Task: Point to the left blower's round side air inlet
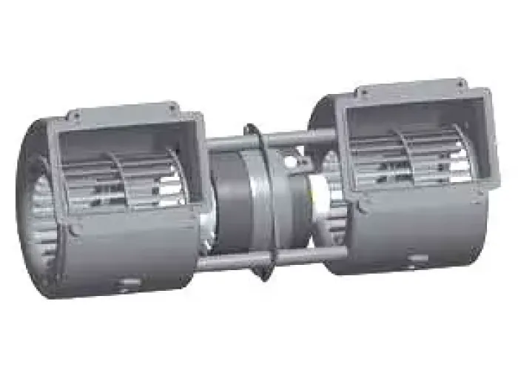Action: point(33,207)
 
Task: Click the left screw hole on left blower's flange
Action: point(75,115)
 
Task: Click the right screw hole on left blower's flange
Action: point(172,108)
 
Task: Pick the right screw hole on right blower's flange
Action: point(460,83)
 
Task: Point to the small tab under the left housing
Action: point(129,283)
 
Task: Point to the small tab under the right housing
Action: point(418,258)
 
